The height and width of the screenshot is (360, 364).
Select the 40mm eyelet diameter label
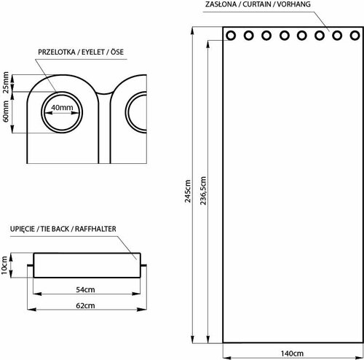(x=62, y=109)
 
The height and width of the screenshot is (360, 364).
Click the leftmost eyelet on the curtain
(x=232, y=35)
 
